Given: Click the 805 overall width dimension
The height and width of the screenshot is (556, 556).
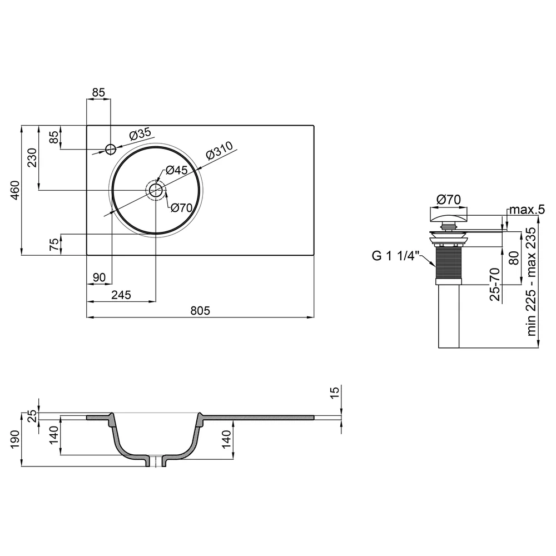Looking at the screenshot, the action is coord(200,311).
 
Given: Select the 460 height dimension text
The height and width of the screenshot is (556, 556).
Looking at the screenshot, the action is coord(16,190).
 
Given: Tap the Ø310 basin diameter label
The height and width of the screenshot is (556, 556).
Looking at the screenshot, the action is coord(220,151).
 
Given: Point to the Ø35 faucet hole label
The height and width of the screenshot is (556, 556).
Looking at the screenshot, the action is coord(140,134).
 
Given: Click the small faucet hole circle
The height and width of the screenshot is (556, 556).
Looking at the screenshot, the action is coord(111,149).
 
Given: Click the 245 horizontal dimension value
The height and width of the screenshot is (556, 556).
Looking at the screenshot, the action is coord(121,295).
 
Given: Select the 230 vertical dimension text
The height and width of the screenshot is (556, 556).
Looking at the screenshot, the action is coord(32,158).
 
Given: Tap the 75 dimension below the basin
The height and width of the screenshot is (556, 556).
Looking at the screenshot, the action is coord(54,245).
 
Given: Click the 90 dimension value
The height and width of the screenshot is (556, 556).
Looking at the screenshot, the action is coord(99,277).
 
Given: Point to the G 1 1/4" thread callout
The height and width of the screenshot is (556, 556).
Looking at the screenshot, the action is coord(395,256).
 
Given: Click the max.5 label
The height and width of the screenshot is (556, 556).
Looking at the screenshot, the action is coord(527,210).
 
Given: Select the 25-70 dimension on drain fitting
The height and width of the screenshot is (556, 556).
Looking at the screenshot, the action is coord(495,284).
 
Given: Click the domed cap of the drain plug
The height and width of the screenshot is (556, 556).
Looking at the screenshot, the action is coord(449,216).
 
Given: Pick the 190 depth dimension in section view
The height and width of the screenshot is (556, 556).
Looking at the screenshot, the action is coord(16,439).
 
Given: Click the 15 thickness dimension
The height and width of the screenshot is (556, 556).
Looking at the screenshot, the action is coord(334,393).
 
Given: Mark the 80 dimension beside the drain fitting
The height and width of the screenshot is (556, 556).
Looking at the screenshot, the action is coord(514,258).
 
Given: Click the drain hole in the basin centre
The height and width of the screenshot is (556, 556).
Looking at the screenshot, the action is coord(156,190).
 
